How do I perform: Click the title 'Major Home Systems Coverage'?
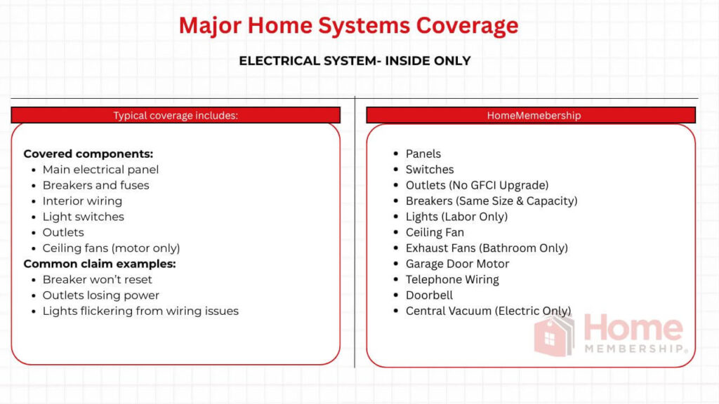click(x=348, y=25)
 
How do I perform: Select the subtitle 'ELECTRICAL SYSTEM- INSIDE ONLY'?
click(x=355, y=61)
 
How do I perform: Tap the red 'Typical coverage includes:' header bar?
click(x=176, y=116)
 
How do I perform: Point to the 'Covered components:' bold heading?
click(x=88, y=154)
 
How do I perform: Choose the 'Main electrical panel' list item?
click(x=100, y=169)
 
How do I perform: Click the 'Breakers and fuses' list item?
click(x=95, y=185)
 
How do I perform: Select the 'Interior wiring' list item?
click(x=82, y=201)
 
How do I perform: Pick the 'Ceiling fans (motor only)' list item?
click(x=111, y=248)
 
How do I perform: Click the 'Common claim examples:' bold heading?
click(x=100, y=264)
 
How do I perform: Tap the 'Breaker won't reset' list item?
click(x=97, y=279)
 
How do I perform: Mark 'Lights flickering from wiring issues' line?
click(x=140, y=311)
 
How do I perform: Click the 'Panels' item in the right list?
click(x=423, y=154)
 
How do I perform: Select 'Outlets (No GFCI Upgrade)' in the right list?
click(x=477, y=185)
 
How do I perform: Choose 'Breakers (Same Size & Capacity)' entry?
click(x=492, y=201)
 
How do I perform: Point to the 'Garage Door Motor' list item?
click(x=457, y=264)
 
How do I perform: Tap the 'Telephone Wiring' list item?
click(x=452, y=279)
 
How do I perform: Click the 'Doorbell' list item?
click(x=429, y=295)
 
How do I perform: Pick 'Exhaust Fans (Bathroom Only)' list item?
click(x=487, y=248)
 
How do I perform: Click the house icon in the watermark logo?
click(x=555, y=335)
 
